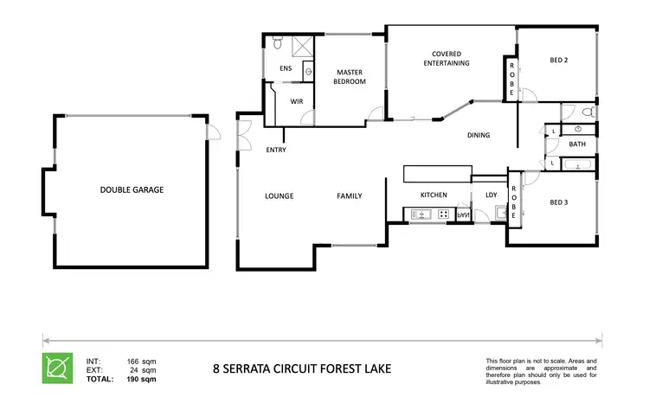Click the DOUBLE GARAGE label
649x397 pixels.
point(132,189)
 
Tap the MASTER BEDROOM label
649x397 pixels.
point(350,77)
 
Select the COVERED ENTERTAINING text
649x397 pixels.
point(446,59)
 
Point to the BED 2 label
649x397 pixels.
point(560,61)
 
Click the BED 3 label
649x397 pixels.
point(560,203)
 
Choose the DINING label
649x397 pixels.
point(479,135)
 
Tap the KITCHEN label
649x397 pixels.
point(433,195)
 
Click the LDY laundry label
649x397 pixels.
point(491,195)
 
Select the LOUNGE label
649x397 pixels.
point(280,196)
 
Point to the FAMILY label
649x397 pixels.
point(349,196)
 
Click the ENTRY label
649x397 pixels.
point(277,150)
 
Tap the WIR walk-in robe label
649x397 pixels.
point(296,101)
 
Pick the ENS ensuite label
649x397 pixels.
point(286,68)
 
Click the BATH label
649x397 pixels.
point(578,144)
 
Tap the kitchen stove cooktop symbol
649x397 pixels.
point(443,215)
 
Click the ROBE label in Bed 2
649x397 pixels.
point(511,80)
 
